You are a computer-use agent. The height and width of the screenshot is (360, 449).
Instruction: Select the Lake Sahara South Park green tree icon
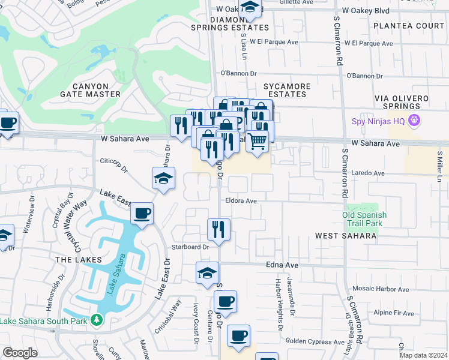click(96, 321)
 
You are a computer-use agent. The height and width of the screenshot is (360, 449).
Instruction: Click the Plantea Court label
click(408, 26)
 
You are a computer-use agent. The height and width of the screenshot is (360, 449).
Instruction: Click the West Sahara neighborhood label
click(346, 236)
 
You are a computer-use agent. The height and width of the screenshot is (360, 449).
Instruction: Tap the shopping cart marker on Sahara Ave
click(258, 141)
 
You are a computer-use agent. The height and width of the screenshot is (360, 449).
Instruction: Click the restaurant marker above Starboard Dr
click(218, 229)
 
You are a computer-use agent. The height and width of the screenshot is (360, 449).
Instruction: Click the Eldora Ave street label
click(241, 201)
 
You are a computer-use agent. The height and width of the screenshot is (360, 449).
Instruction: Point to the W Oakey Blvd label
click(366, 10)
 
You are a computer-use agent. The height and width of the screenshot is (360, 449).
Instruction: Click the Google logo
click(20, 352)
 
